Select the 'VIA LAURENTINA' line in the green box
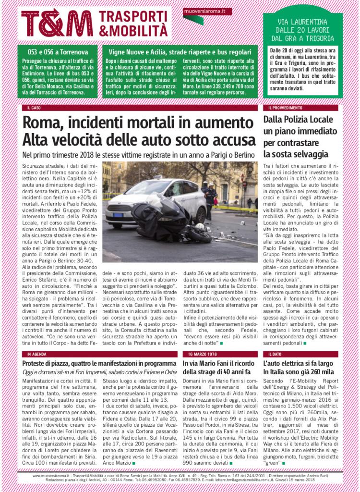point(303,22)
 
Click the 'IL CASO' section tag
point(34,108)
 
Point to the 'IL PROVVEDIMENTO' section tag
point(285,108)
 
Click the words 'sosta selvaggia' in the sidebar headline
point(296,154)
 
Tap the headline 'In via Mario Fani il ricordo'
point(220,364)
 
